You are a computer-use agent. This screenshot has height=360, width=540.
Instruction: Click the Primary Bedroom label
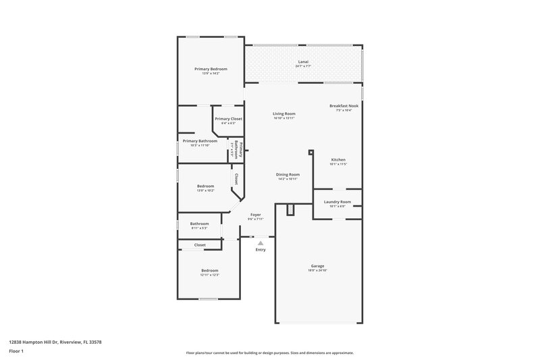(x=211, y=69)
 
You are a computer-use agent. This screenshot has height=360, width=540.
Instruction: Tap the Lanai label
(x=304, y=62)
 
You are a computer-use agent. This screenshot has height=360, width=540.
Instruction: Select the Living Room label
(x=284, y=113)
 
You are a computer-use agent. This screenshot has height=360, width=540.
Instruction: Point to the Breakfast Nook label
(x=344, y=106)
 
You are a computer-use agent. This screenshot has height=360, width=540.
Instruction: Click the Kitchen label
(x=338, y=160)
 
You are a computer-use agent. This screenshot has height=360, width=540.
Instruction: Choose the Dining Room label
(x=288, y=174)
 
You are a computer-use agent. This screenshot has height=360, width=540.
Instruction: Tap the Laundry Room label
(x=337, y=202)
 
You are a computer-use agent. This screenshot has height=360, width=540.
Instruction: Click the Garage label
(x=318, y=266)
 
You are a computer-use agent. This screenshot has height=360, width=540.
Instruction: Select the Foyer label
(x=255, y=215)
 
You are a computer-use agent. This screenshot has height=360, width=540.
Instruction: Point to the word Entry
(x=261, y=250)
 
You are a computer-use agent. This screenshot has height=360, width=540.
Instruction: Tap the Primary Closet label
(x=228, y=119)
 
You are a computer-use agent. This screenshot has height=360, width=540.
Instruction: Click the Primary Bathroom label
(x=200, y=141)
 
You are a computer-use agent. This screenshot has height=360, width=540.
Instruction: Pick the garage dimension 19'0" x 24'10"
(x=318, y=271)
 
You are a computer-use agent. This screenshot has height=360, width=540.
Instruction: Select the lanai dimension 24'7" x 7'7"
(x=304, y=67)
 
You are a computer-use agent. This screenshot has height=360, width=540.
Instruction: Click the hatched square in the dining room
(x=291, y=211)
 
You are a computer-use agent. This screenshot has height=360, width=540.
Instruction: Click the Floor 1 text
(x=16, y=352)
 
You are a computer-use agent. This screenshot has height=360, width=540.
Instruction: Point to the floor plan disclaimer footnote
(x=270, y=353)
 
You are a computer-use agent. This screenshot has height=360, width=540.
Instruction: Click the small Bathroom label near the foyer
(x=199, y=224)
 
